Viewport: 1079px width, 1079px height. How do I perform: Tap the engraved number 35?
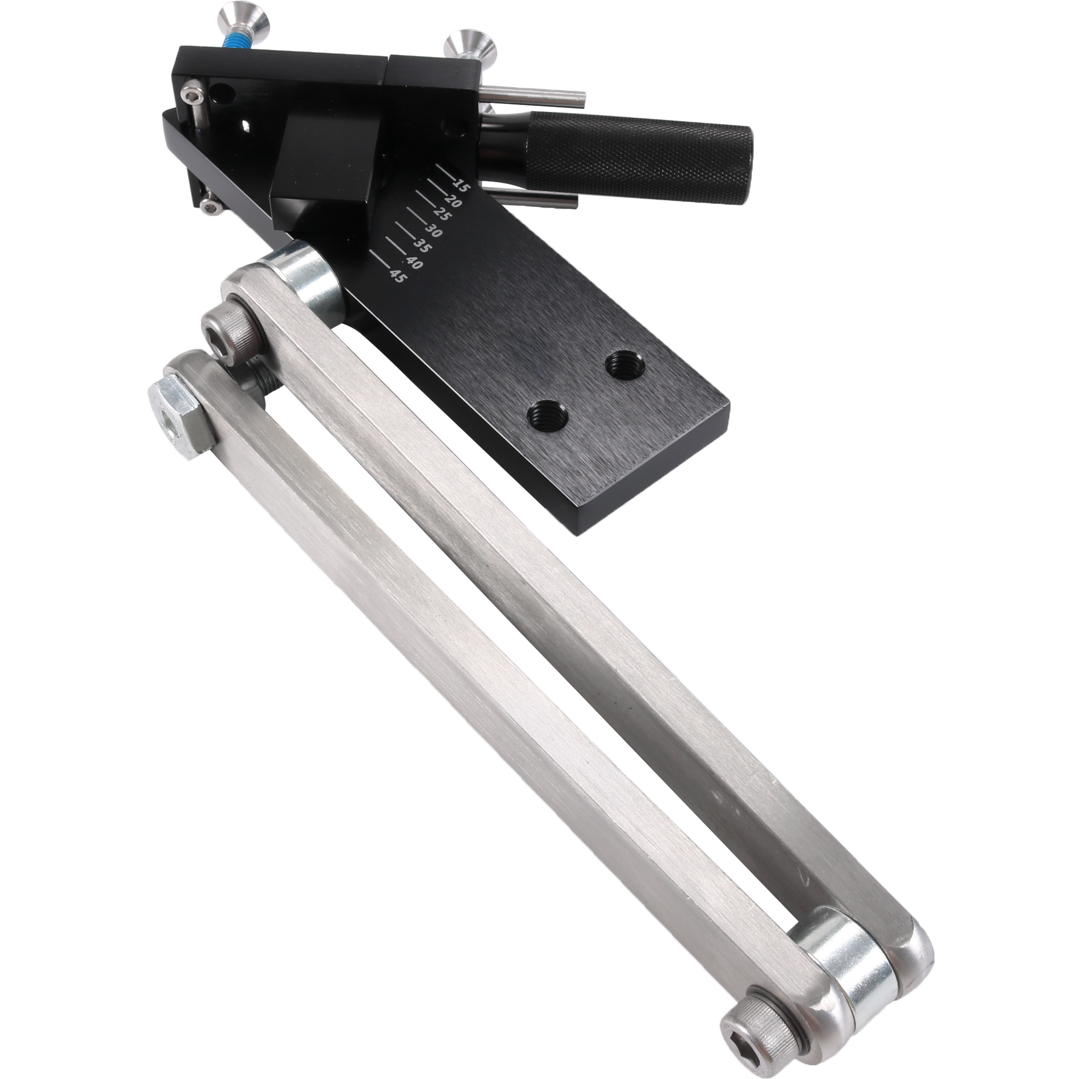[419, 246]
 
